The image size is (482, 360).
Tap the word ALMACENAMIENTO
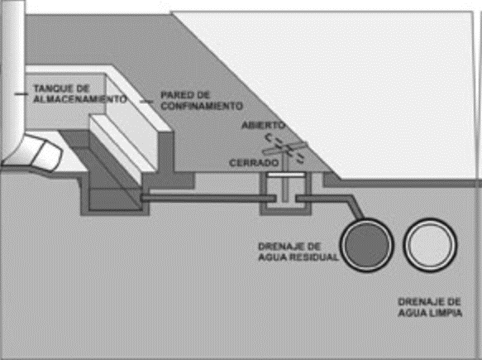tap(80, 99)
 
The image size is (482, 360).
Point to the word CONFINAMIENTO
tap(202, 106)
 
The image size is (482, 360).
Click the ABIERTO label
tap(264, 125)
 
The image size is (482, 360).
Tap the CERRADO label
tap(254, 162)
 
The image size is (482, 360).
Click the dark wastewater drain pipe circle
tap(367, 245)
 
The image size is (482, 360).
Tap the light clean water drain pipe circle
tap(430, 245)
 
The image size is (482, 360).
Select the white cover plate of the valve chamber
tap(285, 175)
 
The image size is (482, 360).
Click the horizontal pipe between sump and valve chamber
tap(208, 199)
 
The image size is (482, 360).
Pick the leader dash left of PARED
tap(146, 101)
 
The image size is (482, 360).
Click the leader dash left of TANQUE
tap(21, 94)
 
